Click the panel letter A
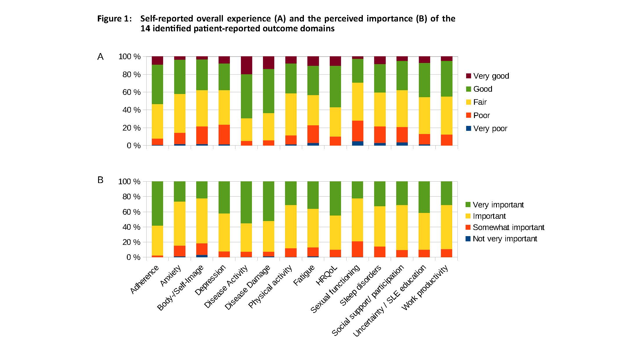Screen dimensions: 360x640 click(100, 57)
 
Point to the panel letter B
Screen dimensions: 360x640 click(100, 180)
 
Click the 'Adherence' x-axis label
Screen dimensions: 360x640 click(145, 279)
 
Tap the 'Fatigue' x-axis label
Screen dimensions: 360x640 click(304, 276)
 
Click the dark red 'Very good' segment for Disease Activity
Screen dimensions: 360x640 click(246, 65)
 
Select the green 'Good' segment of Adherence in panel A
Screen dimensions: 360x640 click(157, 84)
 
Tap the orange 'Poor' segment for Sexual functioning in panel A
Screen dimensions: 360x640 click(358, 131)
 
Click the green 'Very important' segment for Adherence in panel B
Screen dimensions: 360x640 click(157, 203)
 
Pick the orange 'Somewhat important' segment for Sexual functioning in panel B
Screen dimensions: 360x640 click(358, 249)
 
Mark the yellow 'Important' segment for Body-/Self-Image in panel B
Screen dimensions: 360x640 click(202, 221)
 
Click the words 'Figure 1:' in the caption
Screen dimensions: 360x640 click(114, 19)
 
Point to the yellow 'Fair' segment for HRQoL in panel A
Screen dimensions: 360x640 click(335, 122)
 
